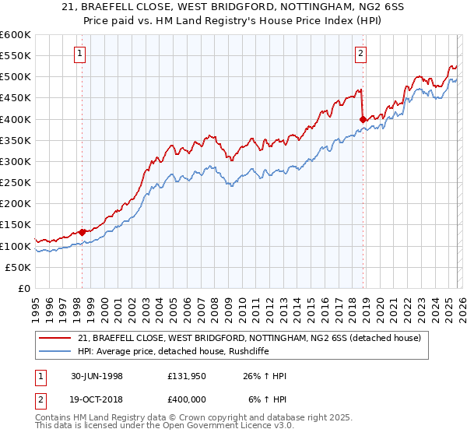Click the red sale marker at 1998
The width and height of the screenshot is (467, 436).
click(x=82, y=232)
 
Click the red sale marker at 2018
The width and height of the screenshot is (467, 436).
click(x=363, y=119)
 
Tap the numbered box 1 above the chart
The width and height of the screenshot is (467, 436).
click(x=81, y=54)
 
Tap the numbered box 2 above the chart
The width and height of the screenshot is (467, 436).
click(x=361, y=54)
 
